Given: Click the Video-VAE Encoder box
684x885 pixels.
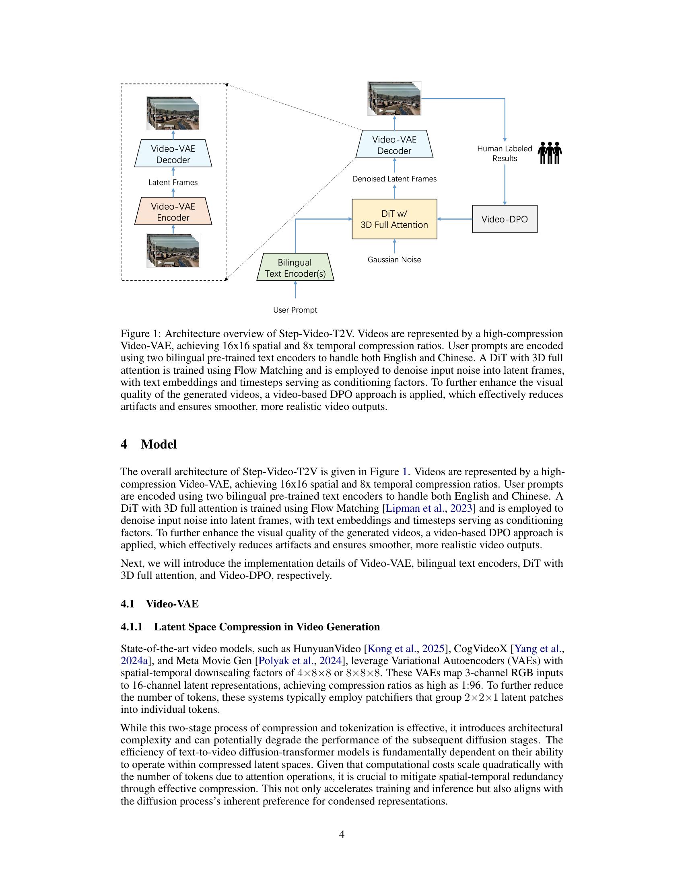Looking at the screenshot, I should pos(173,212).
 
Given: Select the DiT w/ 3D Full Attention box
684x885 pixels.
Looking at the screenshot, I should pos(394,219).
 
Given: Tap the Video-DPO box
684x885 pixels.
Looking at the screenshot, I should pos(505,219).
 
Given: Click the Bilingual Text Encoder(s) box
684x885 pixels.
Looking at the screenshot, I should pos(295,268).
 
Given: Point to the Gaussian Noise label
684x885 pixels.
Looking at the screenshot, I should pos(394,260).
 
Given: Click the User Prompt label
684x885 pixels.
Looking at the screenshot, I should pos(295,310).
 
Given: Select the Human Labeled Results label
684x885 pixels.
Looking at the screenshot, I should pos(505,154).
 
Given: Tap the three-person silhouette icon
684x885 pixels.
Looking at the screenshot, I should pos(550,153).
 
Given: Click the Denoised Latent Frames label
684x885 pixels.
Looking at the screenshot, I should pos(394,179).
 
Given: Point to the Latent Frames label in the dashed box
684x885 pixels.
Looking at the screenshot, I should pos(173,183).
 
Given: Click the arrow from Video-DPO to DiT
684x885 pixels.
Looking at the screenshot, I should pos(455,219).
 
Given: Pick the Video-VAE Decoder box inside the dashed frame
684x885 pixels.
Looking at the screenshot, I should pos(173,154).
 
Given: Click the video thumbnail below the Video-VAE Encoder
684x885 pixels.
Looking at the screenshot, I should pos(173,251).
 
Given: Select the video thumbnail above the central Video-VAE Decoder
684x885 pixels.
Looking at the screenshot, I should pos(394,99).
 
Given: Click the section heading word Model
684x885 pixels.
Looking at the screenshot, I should pos(159,445).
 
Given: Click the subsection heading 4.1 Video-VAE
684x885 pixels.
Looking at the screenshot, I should pos(160,604).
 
